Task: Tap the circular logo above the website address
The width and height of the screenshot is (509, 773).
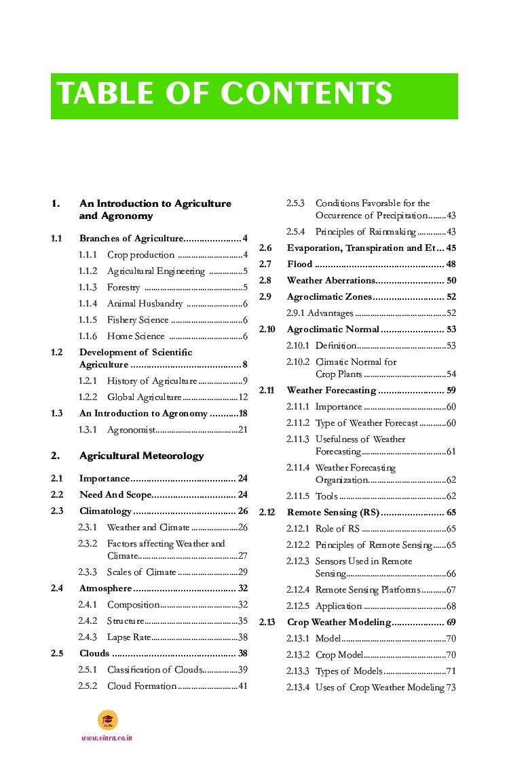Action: point(108,719)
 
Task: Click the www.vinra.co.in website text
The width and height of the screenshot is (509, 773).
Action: point(107,738)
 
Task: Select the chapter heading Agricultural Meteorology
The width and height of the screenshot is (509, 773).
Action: point(141,456)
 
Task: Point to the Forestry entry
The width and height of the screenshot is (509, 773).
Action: point(124,288)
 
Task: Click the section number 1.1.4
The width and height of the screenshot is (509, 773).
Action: point(88,304)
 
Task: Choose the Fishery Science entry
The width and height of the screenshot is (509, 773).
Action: point(138,320)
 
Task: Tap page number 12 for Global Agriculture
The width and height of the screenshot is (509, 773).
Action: point(243,397)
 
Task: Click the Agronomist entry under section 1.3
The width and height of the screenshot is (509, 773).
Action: point(131,430)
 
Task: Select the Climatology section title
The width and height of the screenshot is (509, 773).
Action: point(105,511)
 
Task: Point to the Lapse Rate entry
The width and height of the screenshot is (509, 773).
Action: point(129,637)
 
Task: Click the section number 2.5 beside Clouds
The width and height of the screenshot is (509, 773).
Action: point(57,654)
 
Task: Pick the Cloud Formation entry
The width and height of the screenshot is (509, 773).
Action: point(142,686)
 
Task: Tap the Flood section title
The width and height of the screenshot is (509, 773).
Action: point(299,264)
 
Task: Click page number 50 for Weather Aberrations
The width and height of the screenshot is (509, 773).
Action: point(451,281)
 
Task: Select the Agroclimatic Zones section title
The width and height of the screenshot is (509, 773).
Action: point(329,297)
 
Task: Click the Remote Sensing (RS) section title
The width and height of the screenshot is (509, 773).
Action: point(333,513)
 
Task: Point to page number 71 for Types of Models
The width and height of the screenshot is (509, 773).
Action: point(451,671)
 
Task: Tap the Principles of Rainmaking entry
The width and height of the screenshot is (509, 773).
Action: point(366,232)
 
